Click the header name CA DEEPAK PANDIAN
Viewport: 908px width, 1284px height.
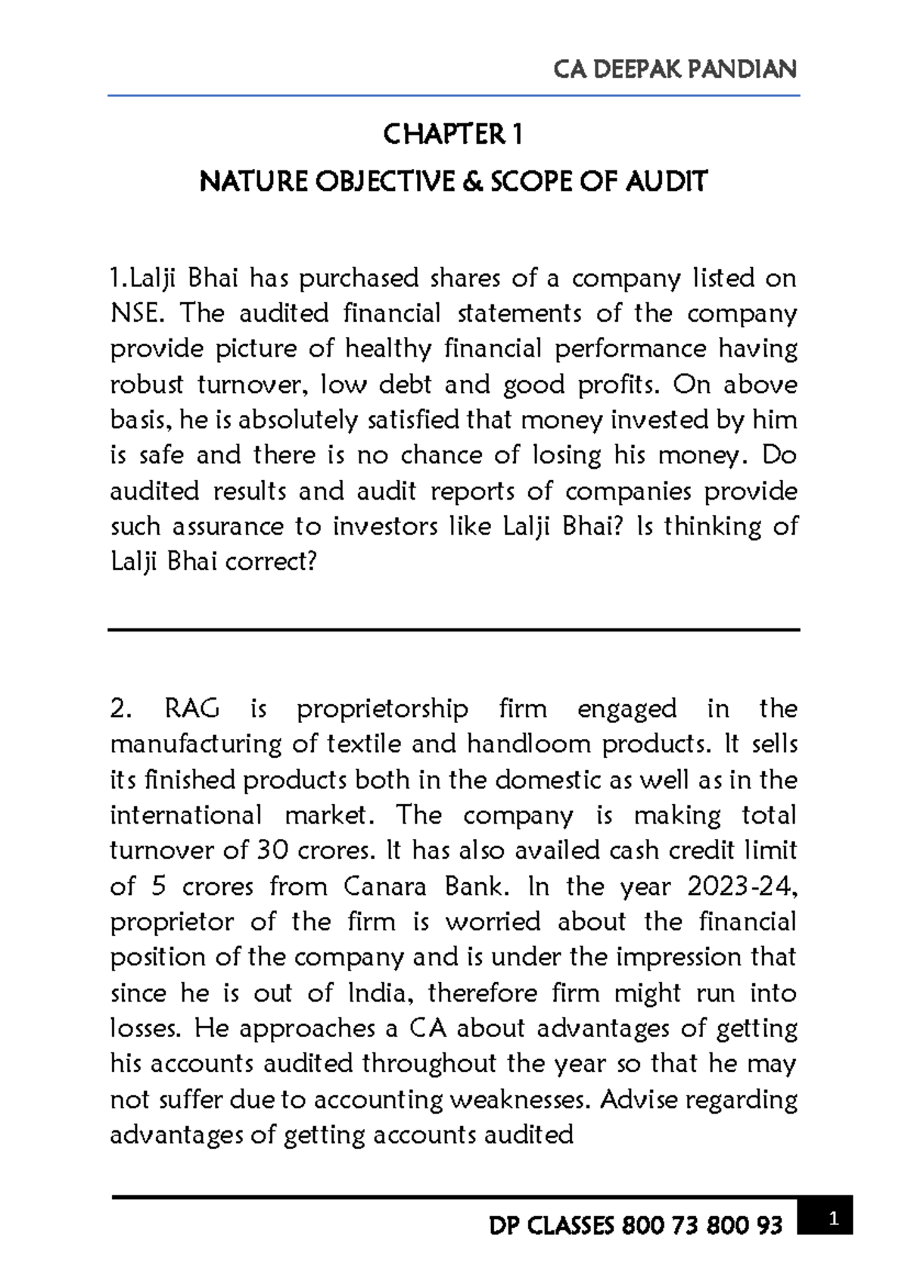tap(675, 70)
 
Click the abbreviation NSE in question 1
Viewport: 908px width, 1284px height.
tap(134, 313)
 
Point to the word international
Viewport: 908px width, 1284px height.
tap(185, 815)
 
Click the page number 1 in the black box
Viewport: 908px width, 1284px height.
tap(833, 1219)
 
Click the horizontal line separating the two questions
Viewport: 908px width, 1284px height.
tap(454, 630)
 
